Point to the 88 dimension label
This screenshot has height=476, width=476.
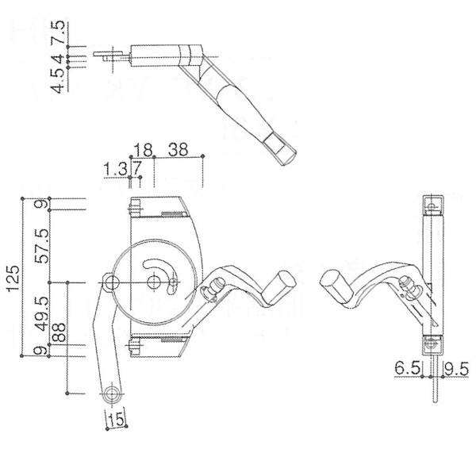pos(57,332)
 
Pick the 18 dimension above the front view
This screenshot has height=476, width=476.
pos(143,149)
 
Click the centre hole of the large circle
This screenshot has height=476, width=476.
pos(154,282)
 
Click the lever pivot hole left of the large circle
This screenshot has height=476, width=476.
pos(112,282)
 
